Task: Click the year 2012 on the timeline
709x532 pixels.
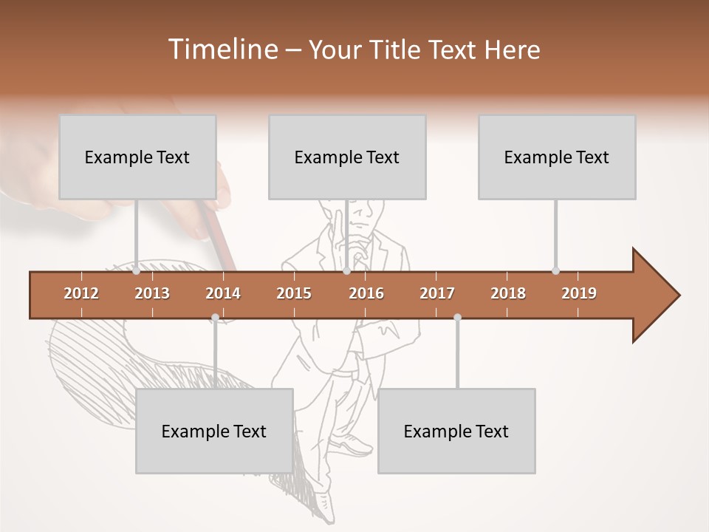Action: (x=81, y=293)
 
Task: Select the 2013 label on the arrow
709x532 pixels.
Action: (x=152, y=293)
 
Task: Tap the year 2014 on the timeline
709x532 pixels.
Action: (x=223, y=293)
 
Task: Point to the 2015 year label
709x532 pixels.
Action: (x=294, y=293)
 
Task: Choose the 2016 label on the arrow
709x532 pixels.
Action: (x=366, y=293)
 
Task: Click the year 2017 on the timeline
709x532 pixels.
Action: (x=437, y=293)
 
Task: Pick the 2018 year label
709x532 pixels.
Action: (x=508, y=293)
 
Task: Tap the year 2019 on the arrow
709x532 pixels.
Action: (x=579, y=293)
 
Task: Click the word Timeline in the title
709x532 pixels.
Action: (x=222, y=50)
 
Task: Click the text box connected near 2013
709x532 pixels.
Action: (x=137, y=157)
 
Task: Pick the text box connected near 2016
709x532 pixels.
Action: (x=347, y=157)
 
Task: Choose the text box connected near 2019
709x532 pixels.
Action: (x=557, y=157)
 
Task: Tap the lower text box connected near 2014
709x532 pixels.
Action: (x=214, y=431)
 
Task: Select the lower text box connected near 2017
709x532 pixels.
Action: (x=456, y=431)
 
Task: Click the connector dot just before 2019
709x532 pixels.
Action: (x=555, y=270)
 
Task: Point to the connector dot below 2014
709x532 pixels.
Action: (x=215, y=318)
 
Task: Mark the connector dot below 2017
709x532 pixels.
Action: (x=457, y=318)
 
